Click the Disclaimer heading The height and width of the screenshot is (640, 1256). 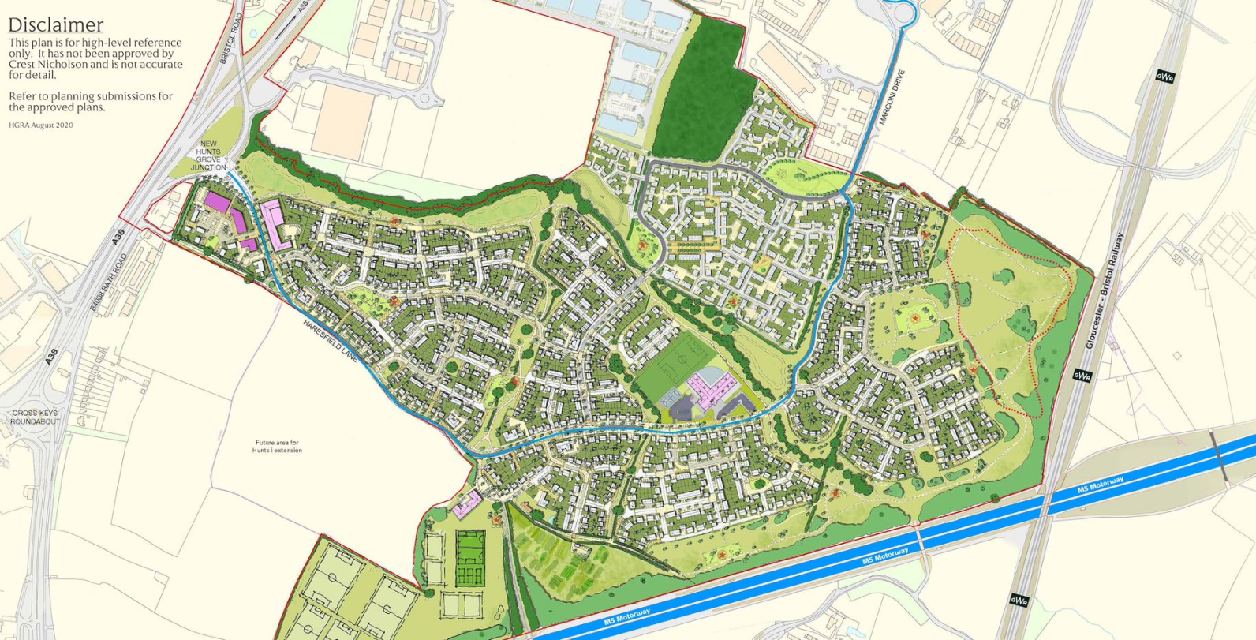[55, 24]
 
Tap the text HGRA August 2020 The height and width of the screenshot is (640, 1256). [41, 125]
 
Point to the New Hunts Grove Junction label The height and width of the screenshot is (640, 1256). [208, 155]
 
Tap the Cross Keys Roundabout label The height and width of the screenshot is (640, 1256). [34, 417]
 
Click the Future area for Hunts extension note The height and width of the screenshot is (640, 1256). [276, 447]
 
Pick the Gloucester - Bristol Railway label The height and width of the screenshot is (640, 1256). [1103, 290]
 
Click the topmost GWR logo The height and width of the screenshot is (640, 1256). [1164, 77]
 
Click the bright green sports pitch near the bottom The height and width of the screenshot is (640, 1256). [470, 558]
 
